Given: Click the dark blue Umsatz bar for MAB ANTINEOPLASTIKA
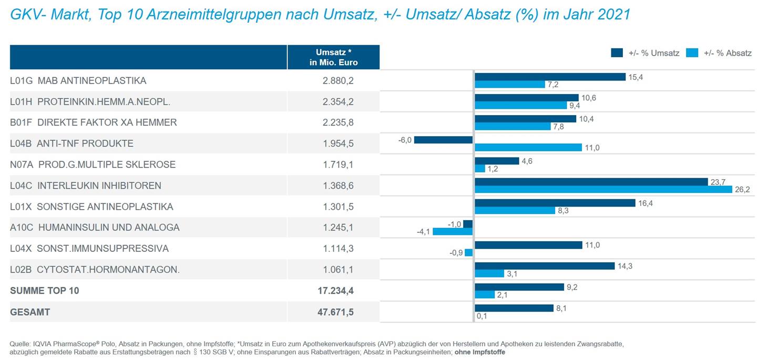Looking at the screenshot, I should point(550,77).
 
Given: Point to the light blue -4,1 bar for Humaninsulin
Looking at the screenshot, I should point(452,231).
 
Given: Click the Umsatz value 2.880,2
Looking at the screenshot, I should point(337,81).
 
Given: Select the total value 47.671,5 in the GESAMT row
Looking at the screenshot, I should point(337,312).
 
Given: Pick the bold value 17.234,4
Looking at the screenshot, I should point(337,291).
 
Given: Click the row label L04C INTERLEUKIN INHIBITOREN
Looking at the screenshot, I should point(86,186).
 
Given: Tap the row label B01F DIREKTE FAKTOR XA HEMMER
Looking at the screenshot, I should point(93,122).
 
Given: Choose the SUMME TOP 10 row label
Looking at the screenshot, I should point(45,291).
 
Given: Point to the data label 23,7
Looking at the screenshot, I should point(718,182).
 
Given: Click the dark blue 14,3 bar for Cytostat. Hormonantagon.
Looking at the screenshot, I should point(544,266).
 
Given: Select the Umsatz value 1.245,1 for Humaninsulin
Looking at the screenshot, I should point(337,228).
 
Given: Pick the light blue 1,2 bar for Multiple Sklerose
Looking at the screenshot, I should point(479,168).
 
